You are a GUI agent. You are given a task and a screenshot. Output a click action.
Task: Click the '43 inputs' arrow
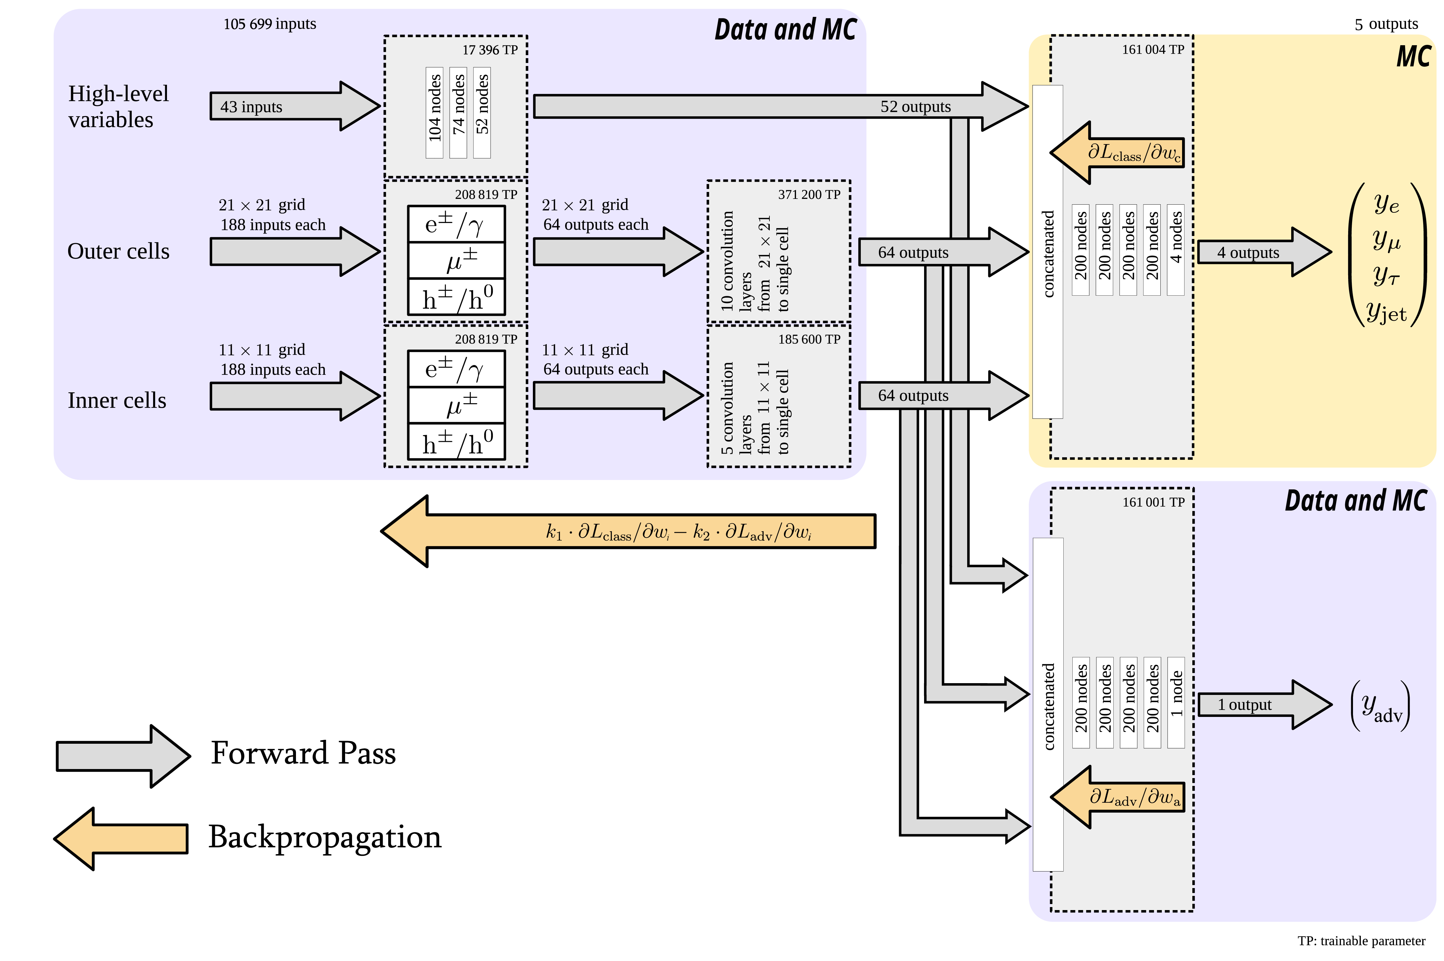point(288,107)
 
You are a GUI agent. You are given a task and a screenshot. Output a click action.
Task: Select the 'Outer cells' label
point(118,251)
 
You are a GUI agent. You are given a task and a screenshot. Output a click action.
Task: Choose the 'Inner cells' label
point(116,400)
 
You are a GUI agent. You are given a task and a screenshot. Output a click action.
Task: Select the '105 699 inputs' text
point(270,24)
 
